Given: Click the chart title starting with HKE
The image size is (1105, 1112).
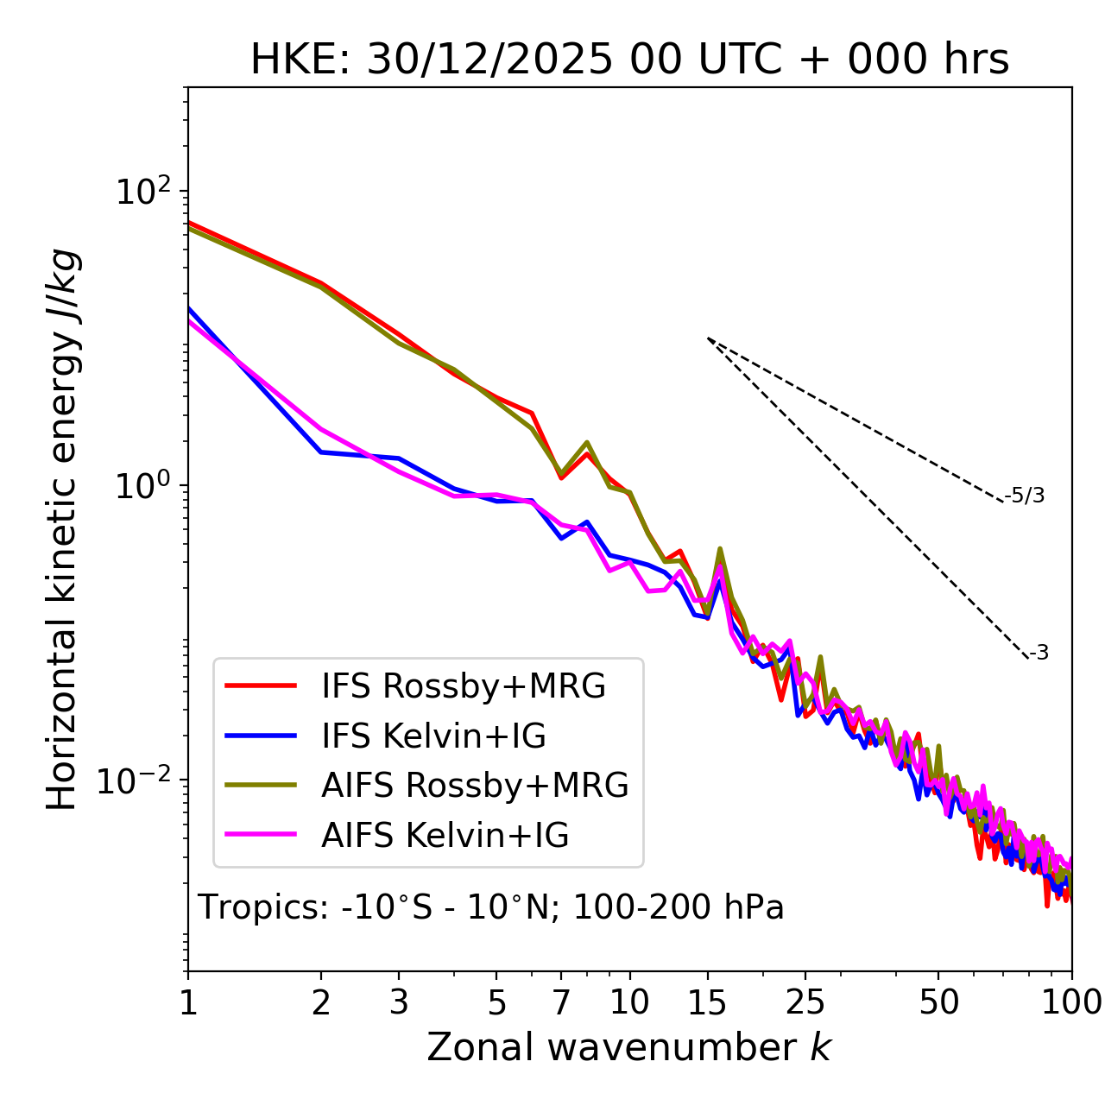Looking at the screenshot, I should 629,60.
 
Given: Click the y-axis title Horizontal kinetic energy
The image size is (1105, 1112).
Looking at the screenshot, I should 63,529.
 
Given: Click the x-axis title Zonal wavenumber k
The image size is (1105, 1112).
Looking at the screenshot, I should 628,1046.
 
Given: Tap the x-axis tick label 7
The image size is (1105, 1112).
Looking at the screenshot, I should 561,1001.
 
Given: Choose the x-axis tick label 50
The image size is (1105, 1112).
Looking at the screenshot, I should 939,1001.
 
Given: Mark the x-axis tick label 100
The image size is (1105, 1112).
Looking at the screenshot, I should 1070,1001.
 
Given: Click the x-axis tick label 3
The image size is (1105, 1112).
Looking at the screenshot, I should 399,1001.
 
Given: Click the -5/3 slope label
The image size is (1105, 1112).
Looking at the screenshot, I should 1025,496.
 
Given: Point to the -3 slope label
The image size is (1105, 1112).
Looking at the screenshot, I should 1039,654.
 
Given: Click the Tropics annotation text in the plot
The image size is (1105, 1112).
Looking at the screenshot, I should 490,907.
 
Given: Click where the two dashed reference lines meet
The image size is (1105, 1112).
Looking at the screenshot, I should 708,338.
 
